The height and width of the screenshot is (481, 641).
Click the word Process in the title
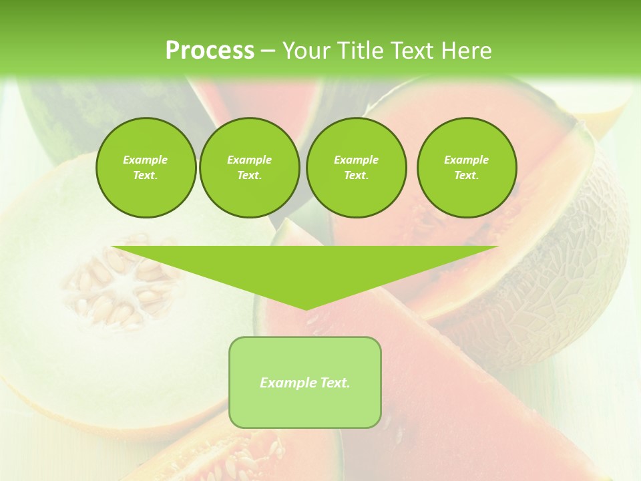pyautogui.click(x=210, y=51)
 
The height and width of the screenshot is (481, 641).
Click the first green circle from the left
pyautogui.click(x=146, y=167)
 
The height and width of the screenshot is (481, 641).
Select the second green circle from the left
pyautogui.click(x=249, y=167)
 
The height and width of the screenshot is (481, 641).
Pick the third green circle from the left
pyautogui.click(x=356, y=167)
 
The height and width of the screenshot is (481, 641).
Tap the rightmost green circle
pyautogui.click(x=467, y=167)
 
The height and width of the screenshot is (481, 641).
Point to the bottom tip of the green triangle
pyautogui.click(x=306, y=308)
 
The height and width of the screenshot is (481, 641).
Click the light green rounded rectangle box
pyautogui.click(x=305, y=408)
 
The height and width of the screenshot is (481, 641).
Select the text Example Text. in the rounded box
pyautogui.click(x=305, y=383)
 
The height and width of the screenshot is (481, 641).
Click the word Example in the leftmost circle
pyautogui.click(x=146, y=160)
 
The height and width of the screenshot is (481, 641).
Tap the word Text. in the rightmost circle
pyautogui.click(x=467, y=175)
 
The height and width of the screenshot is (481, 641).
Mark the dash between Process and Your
pyautogui.click(x=268, y=51)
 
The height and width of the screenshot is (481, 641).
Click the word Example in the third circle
pyautogui.click(x=356, y=160)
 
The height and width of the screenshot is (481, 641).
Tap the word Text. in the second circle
pyautogui.click(x=249, y=175)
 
